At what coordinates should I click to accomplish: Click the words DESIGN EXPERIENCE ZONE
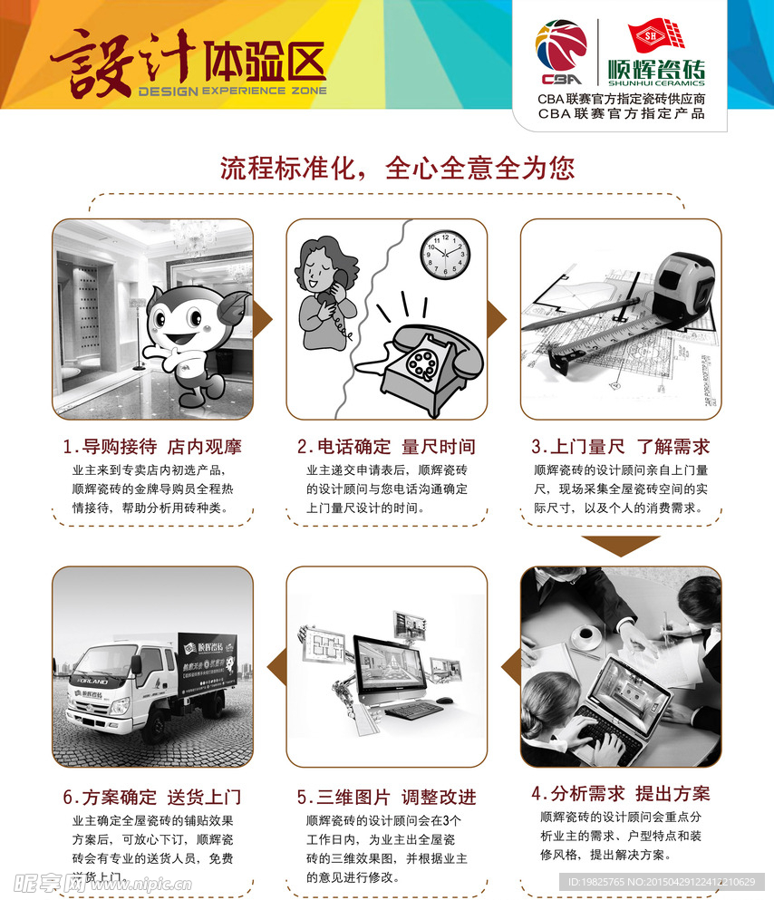[231, 92]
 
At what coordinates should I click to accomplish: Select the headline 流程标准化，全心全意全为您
[397, 168]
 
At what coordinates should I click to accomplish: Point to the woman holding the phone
[324, 290]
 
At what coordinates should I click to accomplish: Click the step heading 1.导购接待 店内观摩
[152, 447]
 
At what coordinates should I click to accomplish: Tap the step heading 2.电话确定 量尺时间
[386, 447]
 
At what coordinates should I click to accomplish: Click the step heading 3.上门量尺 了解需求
[620, 447]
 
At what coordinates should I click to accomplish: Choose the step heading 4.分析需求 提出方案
[620, 793]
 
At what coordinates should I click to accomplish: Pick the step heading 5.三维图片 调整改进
[386, 798]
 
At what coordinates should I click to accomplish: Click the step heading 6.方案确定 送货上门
[152, 798]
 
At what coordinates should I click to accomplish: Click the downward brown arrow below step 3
[620, 547]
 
